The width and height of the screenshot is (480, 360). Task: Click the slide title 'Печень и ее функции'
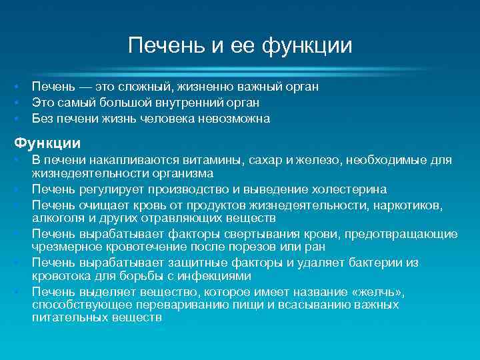(x=240, y=47)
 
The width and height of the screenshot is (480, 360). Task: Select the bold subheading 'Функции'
(x=48, y=143)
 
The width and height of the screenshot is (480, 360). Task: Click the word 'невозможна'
(x=234, y=119)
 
